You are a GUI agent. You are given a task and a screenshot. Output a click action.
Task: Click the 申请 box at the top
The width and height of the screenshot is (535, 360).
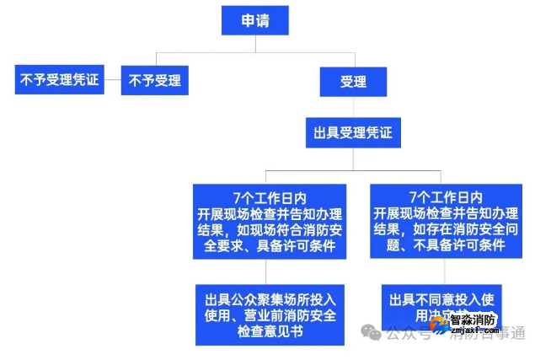[x=254, y=20]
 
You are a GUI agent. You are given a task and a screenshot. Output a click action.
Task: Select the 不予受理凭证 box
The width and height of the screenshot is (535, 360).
[x=58, y=80]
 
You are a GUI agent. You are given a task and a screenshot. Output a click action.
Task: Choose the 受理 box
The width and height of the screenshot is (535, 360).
[x=353, y=82]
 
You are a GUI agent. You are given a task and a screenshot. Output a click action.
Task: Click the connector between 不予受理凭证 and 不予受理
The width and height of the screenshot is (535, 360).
[x=112, y=81]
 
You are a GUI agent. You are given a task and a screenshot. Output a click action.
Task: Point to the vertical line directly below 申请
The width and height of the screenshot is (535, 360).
[x=254, y=44]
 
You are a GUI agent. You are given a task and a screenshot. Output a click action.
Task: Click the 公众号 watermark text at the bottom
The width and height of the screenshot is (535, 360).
[x=402, y=333]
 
